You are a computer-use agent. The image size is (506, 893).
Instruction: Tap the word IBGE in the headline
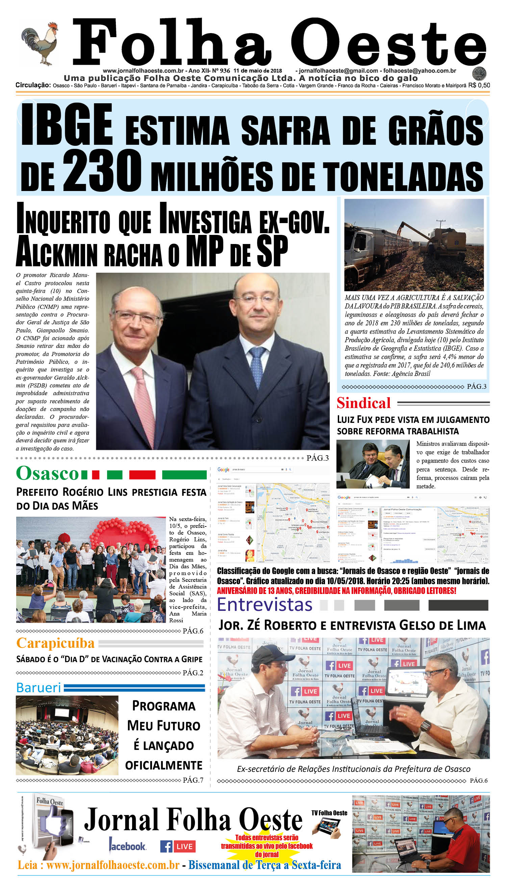[x=67, y=125]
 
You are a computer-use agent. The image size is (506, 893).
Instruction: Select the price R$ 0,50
[x=479, y=85]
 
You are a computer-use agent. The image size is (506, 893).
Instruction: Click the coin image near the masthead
[x=479, y=73]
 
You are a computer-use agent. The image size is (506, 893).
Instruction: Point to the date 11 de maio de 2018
[x=257, y=71]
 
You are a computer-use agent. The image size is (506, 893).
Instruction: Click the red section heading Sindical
[x=363, y=403]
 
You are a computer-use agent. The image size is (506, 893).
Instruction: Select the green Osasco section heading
[x=48, y=473]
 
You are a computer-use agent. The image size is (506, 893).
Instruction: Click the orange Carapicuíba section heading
[x=55, y=643]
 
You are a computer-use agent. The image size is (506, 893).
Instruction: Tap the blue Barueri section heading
[x=39, y=687]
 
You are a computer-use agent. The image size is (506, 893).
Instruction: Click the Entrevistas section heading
[x=264, y=604]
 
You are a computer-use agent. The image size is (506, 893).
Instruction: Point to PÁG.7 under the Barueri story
[x=193, y=780]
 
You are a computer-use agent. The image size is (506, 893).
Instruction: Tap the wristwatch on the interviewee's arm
[x=425, y=726]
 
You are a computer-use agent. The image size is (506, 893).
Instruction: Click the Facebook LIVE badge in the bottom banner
[x=178, y=846]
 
